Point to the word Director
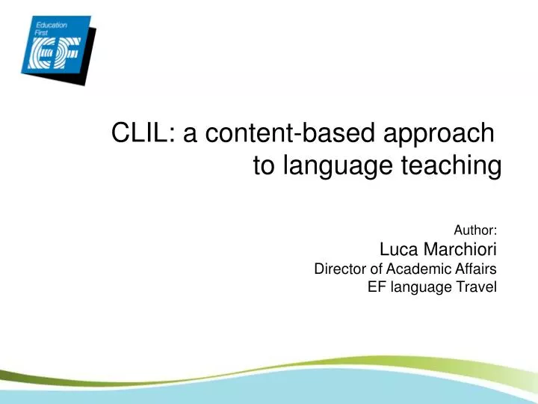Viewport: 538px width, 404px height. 338,269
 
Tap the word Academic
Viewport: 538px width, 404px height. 421,269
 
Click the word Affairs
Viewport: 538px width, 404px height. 477,269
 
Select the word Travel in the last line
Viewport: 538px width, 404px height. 479,287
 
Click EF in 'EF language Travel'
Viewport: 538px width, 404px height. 376,287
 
